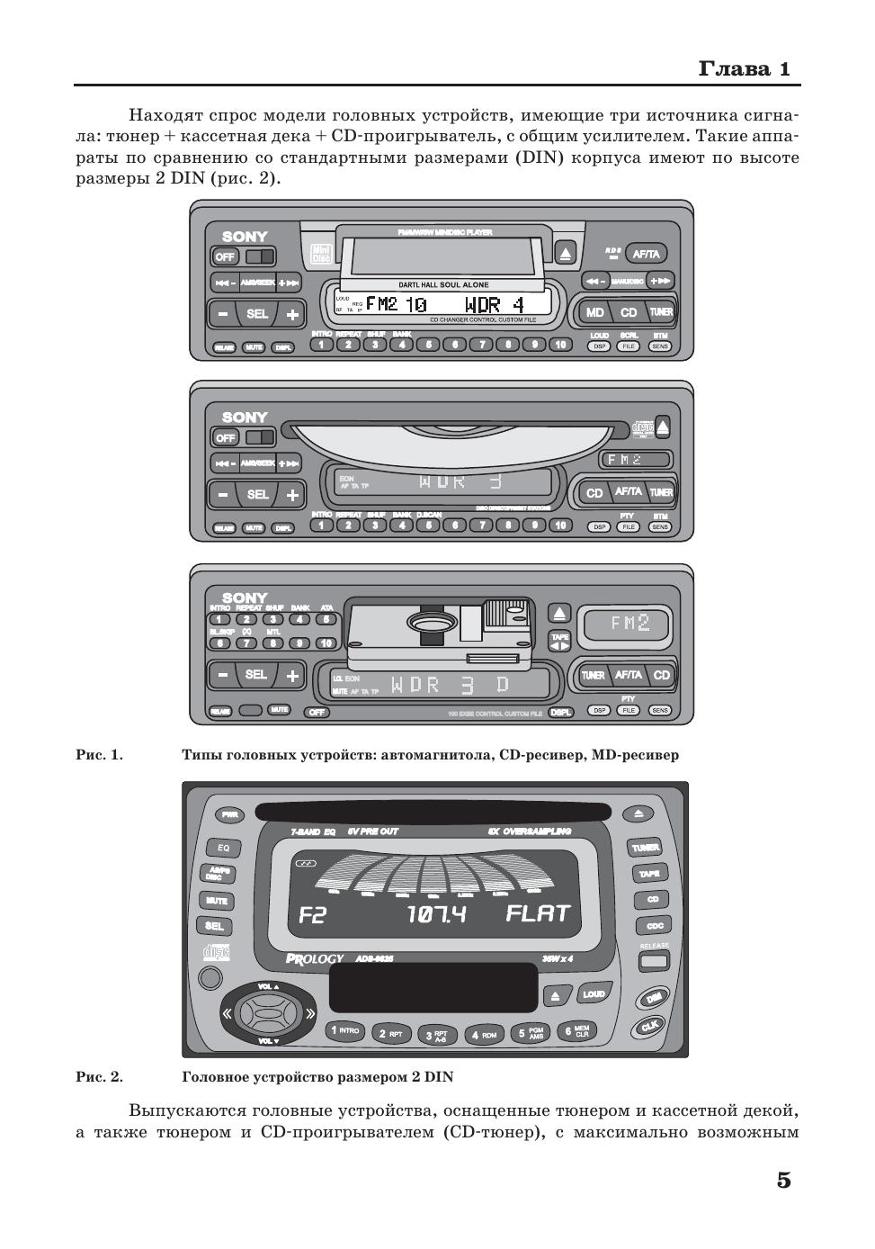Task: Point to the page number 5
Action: tap(783, 1180)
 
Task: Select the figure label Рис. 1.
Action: tap(99, 755)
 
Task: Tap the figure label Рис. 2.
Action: tap(99, 1076)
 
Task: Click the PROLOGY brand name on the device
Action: tap(315, 959)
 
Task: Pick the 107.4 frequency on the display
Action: tap(436, 915)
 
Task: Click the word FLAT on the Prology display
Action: tap(538, 914)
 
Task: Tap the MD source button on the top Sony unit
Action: tap(595, 312)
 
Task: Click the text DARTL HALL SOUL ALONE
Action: tap(443, 284)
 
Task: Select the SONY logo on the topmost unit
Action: tap(245, 237)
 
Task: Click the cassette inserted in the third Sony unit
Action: tap(441, 625)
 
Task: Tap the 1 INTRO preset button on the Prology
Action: tap(344, 1030)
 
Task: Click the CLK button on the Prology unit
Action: tap(649, 1026)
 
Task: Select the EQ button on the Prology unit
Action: tap(223, 848)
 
